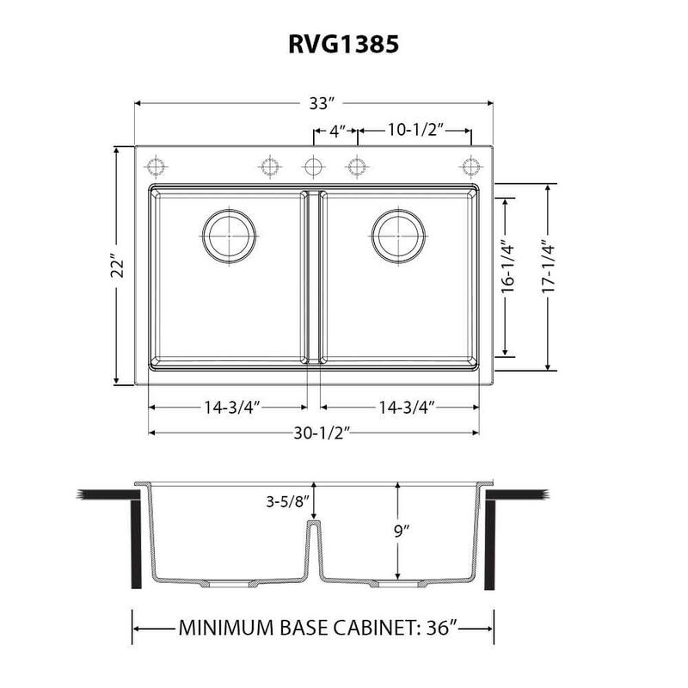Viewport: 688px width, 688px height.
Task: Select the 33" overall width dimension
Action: pos(321,103)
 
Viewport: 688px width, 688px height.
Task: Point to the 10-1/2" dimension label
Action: pos(414,131)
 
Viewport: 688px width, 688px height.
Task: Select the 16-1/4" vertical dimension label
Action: pos(507,268)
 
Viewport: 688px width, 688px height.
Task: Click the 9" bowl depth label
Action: pos(407,531)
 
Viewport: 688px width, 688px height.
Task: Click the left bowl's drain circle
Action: pos(228,233)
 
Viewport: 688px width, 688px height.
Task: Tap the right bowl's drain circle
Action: pos(398,233)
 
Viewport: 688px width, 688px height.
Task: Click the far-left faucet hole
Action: pos(157,164)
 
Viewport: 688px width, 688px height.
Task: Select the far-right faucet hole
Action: pos(470,164)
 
